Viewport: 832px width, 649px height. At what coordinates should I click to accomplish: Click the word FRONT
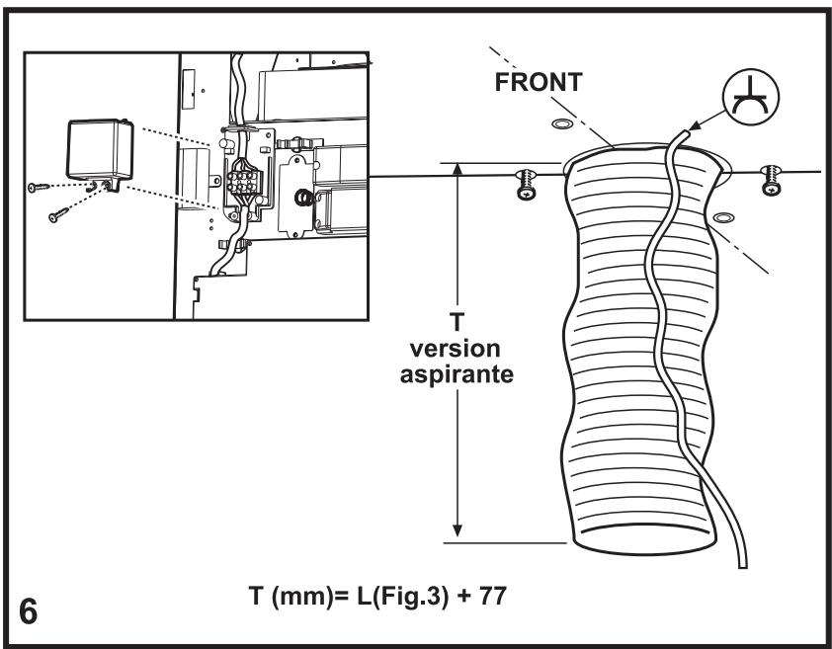pyautogui.click(x=539, y=82)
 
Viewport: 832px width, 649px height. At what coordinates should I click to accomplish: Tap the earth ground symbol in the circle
pyautogui.click(x=751, y=97)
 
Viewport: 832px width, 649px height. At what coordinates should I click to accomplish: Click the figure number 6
pyautogui.click(x=28, y=611)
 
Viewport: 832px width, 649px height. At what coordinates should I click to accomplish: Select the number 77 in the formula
pyautogui.click(x=492, y=596)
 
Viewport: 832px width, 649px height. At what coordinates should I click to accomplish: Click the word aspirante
pyautogui.click(x=457, y=374)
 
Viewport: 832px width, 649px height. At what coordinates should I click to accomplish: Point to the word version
pyautogui.click(x=456, y=349)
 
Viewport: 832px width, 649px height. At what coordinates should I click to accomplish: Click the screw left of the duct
pyautogui.click(x=526, y=184)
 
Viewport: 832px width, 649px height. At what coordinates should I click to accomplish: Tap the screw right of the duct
pyautogui.click(x=771, y=180)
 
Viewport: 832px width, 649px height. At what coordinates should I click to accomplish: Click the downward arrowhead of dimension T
pyautogui.click(x=457, y=530)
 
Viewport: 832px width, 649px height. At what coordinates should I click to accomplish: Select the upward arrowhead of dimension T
pyautogui.click(x=457, y=170)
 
